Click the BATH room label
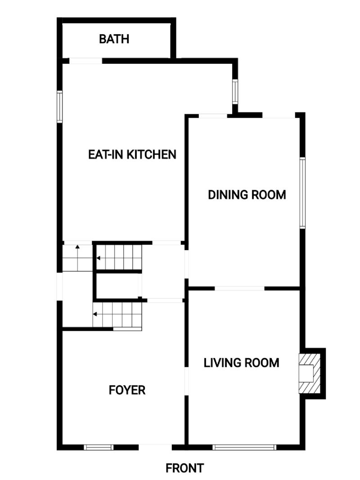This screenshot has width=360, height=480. pyautogui.click(x=114, y=39)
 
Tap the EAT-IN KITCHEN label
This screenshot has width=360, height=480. pyautogui.click(x=132, y=154)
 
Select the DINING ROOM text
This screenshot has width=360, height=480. pyautogui.click(x=247, y=195)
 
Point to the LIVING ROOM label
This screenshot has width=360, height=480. pyautogui.click(x=242, y=363)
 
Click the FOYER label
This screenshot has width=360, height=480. pyautogui.click(x=127, y=390)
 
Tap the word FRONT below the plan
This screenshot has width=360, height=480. pyautogui.click(x=184, y=468)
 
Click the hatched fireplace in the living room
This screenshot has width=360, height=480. pyautogui.click(x=310, y=373)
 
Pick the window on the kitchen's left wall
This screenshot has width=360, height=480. pyautogui.click(x=60, y=107)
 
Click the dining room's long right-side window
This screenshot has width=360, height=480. pyautogui.click(x=302, y=193)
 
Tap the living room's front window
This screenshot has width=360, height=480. pyautogui.click(x=244, y=447)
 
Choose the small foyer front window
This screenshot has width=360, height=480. pyautogui.click(x=99, y=447)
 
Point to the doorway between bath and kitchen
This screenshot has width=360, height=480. pyautogui.click(x=85, y=61)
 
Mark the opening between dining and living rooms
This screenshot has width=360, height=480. pyautogui.click(x=239, y=288)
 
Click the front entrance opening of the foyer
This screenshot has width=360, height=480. pyautogui.click(x=155, y=447)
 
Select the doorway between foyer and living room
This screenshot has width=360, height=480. pyautogui.click(x=186, y=381)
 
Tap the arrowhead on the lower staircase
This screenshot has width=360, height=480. pyautogui.click(x=95, y=314)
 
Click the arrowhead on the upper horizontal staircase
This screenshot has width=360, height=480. pyautogui.click(x=99, y=258)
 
